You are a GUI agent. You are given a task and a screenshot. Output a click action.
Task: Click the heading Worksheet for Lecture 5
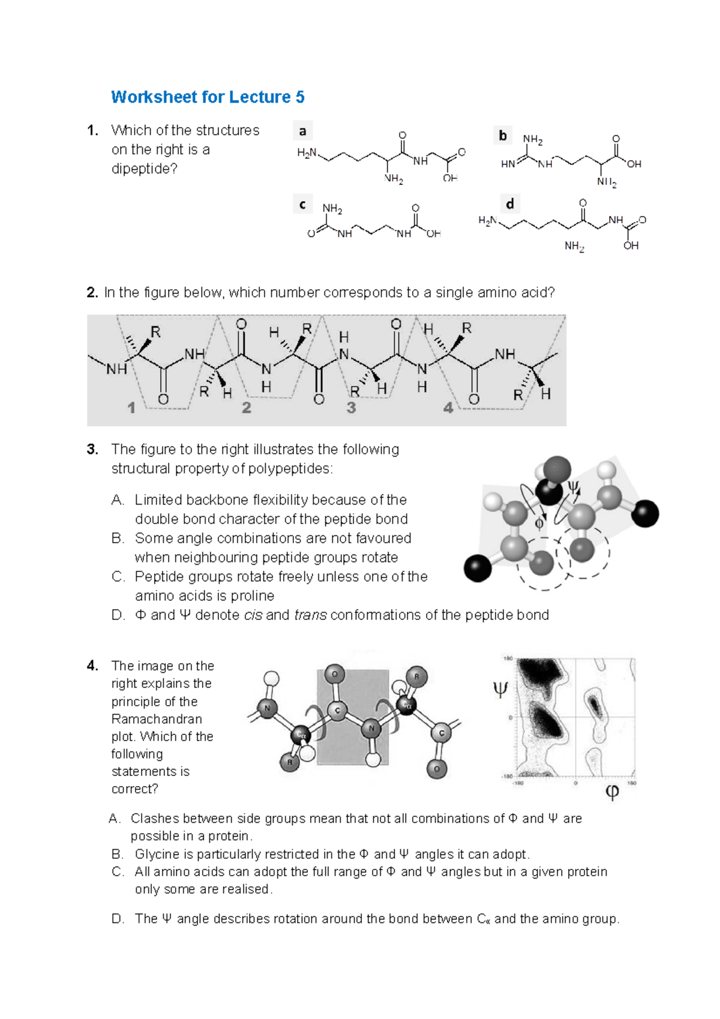point(208,97)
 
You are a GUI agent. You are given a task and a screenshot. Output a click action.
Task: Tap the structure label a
point(302,131)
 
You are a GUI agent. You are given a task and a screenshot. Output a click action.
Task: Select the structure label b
point(503,136)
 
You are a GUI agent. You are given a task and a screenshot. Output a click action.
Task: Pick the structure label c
point(302,205)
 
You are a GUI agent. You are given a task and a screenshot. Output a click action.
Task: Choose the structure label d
point(509,205)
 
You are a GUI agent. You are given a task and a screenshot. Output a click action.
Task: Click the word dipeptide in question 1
point(145,169)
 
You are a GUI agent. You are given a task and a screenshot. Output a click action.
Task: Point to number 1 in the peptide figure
point(131,408)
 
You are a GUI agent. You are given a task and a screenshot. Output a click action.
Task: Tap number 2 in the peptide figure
point(246,408)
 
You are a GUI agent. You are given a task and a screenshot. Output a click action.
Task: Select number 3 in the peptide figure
point(351,408)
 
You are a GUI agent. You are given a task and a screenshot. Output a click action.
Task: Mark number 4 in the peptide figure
point(448,408)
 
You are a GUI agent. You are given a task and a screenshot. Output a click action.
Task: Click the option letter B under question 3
point(118,538)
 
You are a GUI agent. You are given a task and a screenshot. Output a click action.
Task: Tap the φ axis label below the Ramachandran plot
point(612,792)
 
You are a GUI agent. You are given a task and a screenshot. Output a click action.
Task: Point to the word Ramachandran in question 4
point(157,719)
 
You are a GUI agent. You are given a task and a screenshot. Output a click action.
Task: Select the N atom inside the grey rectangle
point(371,729)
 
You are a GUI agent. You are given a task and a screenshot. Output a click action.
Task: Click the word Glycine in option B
point(155,854)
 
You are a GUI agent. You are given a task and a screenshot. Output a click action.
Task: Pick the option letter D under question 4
point(118,919)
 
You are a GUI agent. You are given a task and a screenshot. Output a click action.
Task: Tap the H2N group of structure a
point(307,153)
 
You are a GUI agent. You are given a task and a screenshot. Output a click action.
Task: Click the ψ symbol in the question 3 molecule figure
point(574,487)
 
